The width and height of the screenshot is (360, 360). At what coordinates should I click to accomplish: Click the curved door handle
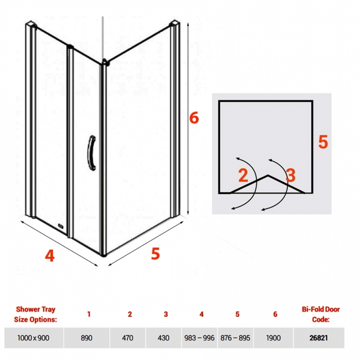92,153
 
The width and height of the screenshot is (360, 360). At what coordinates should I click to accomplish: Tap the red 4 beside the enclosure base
50,255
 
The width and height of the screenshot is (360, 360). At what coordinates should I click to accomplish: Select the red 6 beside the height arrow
194,118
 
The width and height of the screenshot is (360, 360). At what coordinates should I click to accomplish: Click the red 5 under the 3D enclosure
155,254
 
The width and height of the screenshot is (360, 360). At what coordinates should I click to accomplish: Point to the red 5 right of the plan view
323,142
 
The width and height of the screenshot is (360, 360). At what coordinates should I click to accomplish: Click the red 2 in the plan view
243,175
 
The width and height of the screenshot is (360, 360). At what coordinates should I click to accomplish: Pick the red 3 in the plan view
291,175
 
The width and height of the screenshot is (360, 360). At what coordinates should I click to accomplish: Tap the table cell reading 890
86,338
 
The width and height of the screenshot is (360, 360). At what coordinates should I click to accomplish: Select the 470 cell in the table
127,338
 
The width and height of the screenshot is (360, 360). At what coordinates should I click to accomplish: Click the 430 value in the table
163,338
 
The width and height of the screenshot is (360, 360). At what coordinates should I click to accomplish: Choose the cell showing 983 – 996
199,338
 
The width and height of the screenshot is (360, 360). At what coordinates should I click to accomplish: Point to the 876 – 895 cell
235,338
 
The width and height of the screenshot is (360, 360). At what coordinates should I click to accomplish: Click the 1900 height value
273,338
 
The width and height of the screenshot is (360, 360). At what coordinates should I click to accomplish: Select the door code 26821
318,338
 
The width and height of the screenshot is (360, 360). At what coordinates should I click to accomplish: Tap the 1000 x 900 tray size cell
34,338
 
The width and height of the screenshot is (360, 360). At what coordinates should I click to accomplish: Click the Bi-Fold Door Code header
321,314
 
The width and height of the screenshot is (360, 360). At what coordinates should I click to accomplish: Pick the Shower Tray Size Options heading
35,314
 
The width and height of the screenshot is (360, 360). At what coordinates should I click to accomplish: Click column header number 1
89,314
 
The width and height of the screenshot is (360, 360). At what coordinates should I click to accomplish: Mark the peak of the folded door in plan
268,176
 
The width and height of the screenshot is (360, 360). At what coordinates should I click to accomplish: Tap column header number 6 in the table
275,314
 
